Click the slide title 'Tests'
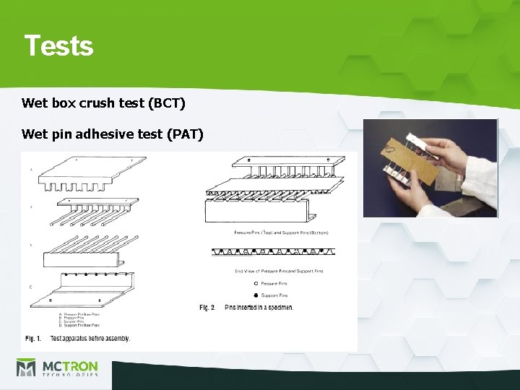pos(58,45)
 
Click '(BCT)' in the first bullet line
pos(167,103)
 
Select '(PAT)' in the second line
pos(185,134)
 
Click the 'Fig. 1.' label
pos(33,338)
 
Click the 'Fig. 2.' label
pos(207,308)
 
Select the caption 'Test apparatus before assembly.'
pos(90,338)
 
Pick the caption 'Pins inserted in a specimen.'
pos(259,308)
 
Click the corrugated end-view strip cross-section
pos(269,252)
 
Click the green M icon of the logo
pos(26,368)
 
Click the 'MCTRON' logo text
pos(69,365)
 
